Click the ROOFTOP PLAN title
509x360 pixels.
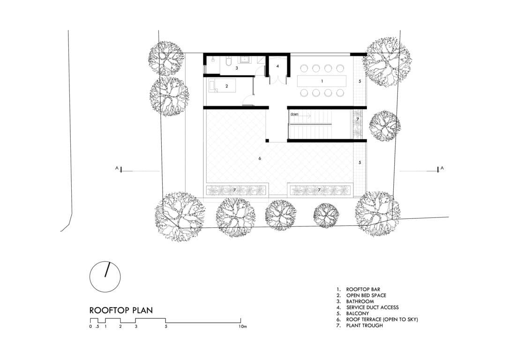coord(121,310)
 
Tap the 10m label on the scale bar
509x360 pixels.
coord(243,326)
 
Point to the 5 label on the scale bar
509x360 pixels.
coord(166,326)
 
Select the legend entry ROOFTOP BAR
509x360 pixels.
coord(363,289)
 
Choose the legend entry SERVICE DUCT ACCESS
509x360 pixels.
coord(372,307)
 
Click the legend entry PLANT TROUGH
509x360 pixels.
coord(364,325)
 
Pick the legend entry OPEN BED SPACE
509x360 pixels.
coord(366,295)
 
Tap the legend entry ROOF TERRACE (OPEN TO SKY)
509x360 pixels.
coord(382,319)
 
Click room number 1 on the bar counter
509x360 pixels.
coord(322,81)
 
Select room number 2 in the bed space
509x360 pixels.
coord(226,86)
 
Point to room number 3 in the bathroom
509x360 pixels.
coord(237,68)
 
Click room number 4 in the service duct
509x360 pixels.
coord(277,66)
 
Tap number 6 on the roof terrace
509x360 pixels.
coord(260,158)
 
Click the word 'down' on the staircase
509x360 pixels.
coord(294,114)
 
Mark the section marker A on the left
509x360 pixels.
coord(117,168)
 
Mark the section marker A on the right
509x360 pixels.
coord(442,168)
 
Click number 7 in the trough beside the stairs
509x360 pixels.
coord(358,119)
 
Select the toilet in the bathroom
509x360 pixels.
coord(228,61)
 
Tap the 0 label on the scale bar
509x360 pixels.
coord(90,326)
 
